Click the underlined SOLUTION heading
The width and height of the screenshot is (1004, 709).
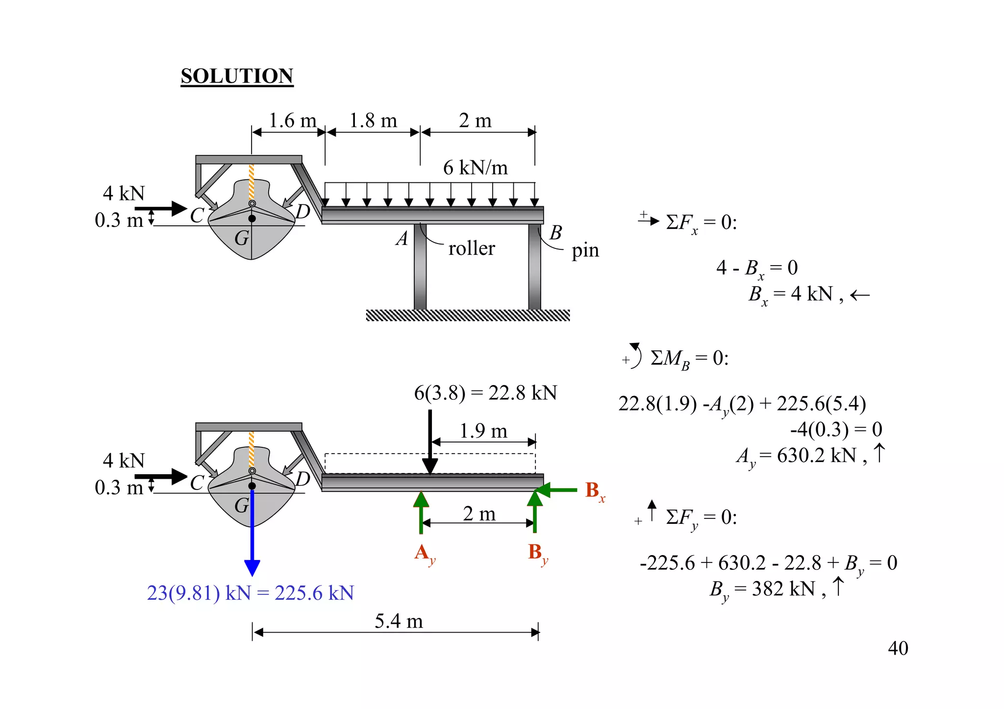(x=237, y=76)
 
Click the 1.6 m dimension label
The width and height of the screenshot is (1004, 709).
(x=293, y=121)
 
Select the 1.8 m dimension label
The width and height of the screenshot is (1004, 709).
(x=373, y=121)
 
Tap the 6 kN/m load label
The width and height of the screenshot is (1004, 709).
(x=475, y=168)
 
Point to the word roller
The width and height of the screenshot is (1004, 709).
(x=472, y=248)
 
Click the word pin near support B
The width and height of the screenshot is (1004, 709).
(x=585, y=250)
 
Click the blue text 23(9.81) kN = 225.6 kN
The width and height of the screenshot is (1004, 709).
(x=250, y=593)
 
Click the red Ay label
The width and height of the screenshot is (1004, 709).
(x=424, y=554)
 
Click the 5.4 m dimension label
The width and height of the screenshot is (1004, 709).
(x=399, y=621)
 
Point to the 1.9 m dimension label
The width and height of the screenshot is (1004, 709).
(x=483, y=431)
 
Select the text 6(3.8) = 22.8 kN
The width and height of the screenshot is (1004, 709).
(x=485, y=393)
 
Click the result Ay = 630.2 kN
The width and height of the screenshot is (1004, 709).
(x=804, y=456)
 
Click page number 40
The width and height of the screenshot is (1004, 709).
(x=898, y=648)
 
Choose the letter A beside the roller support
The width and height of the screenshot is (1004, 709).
(x=402, y=239)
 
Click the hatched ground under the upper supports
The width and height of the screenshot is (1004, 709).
(x=468, y=316)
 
